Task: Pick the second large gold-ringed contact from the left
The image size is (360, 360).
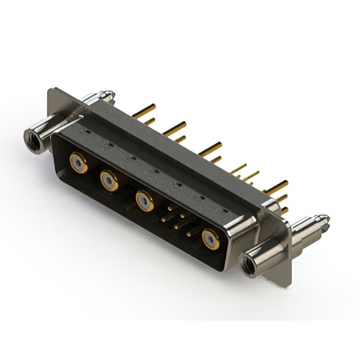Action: tap(109, 181)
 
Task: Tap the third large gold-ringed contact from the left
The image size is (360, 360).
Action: tap(143, 200)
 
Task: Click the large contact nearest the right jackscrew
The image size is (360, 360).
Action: tap(210, 239)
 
